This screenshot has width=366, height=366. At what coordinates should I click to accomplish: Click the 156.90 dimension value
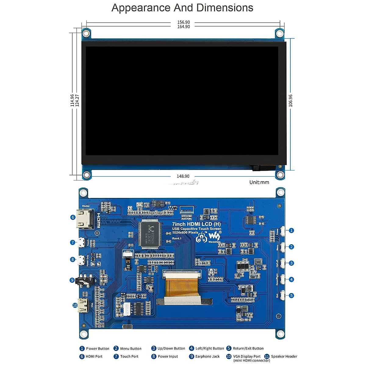coord(183,22)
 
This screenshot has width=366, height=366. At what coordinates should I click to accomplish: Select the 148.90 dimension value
coord(183,176)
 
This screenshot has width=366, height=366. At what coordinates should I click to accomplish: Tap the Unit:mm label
coord(259,182)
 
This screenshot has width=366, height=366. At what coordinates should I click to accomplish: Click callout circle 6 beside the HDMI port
coord(73,217)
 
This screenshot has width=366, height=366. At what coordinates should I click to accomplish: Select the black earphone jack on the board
coord(84,280)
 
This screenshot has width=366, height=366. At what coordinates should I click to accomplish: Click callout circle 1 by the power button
coord(291,231)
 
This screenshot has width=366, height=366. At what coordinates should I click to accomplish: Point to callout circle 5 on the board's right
coord(291,296)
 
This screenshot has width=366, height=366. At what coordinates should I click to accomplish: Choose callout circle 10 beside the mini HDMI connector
coord(75,305)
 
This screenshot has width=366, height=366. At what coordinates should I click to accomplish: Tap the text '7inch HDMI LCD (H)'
coord(196,224)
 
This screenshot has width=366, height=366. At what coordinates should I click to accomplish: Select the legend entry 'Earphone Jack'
coord(207,356)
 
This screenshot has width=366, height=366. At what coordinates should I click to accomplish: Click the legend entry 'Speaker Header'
coord(284,356)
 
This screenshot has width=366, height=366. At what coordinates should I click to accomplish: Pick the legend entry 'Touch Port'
coord(129,356)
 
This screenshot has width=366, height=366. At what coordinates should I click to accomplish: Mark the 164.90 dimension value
coord(183,27)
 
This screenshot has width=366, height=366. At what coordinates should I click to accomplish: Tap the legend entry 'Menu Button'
coord(131,349)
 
